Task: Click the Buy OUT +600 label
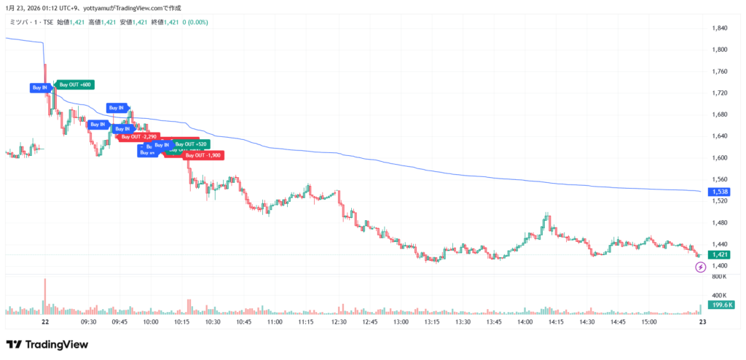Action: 75,85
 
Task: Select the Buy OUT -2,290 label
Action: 139,136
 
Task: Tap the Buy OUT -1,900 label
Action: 203,155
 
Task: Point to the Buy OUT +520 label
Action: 191,144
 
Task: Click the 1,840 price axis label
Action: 720,28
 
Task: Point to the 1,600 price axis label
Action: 720,157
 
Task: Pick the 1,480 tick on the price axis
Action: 720,222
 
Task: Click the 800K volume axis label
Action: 720,276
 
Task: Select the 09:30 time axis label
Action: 89,321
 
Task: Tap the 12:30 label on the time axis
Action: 338,321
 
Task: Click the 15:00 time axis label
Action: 648,321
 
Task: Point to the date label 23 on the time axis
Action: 700,321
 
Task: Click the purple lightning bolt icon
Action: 701,267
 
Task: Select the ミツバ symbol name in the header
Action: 17,22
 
